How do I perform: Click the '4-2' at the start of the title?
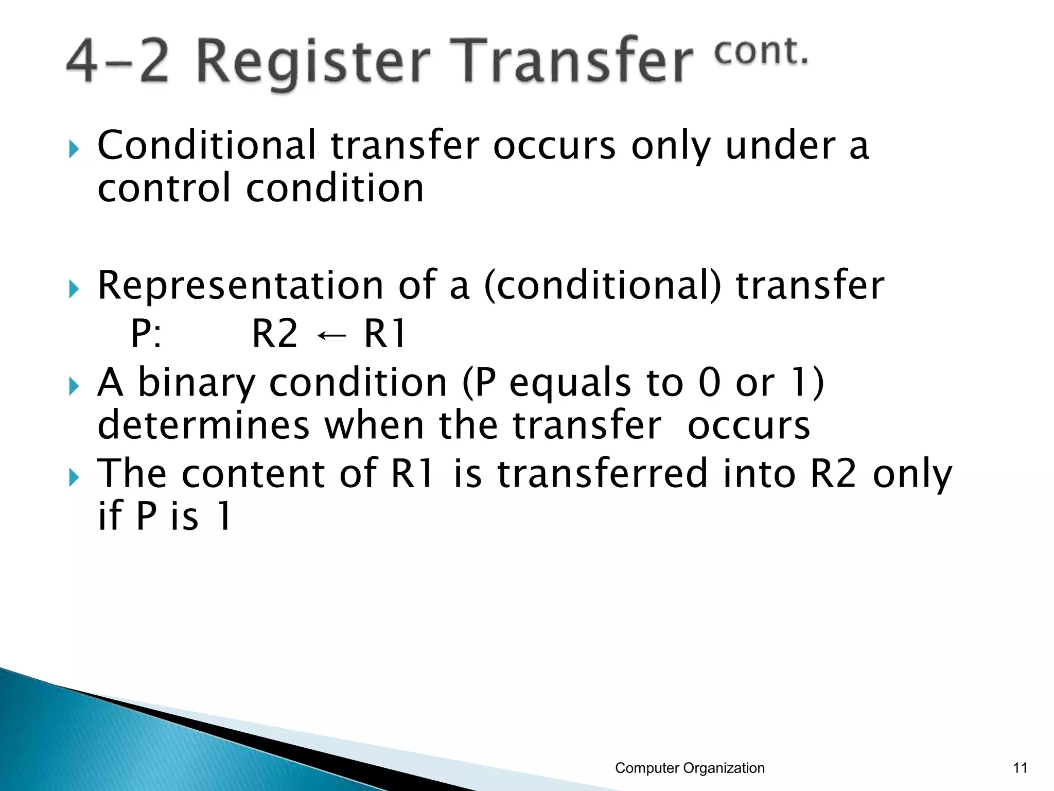coord(117,62)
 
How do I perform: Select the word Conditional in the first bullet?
coord(206,146)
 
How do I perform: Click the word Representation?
coord(240,285)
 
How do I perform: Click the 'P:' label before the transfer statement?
coord(146,334)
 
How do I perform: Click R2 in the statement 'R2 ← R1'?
coord(275,334)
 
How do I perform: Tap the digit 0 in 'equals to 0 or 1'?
coord(710,383)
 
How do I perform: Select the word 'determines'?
coord(203,425)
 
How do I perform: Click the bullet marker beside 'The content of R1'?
coord(74,478)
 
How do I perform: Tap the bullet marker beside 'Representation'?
coord(74,289)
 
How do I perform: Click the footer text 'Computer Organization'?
coord(690,768)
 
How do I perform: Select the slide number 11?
coord(1020,768)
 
